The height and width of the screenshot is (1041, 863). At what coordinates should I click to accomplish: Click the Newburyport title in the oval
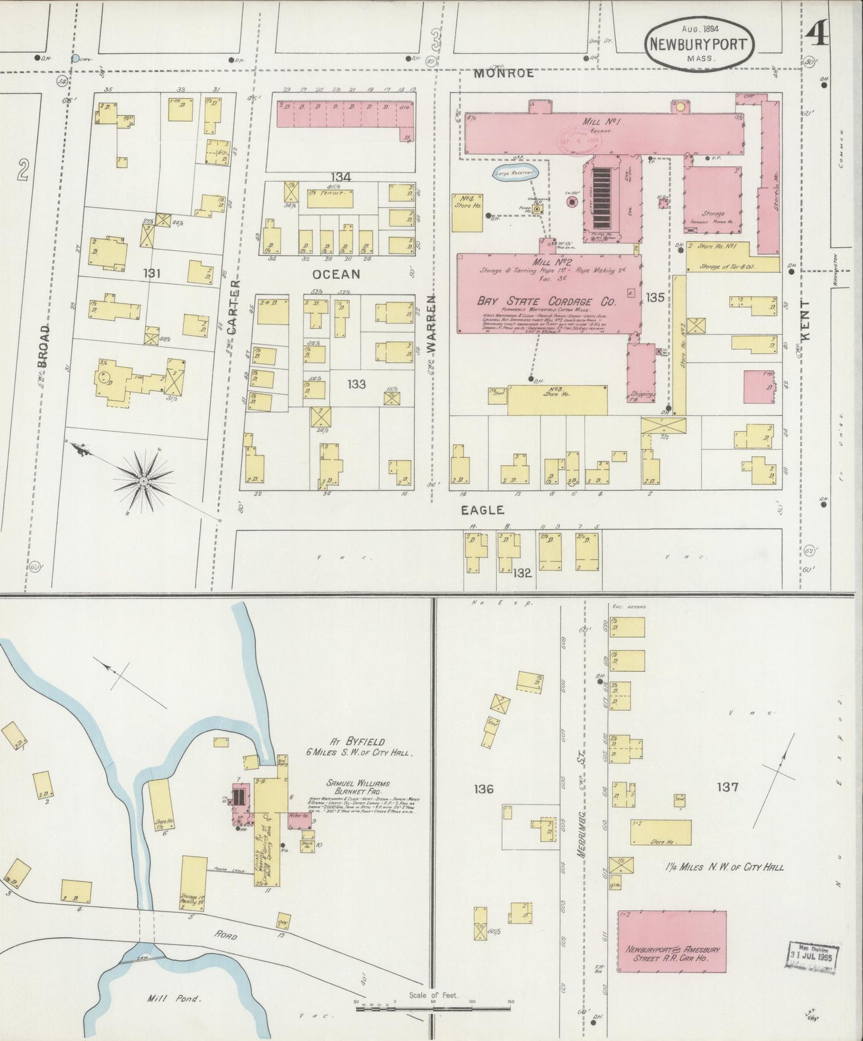(699, 44)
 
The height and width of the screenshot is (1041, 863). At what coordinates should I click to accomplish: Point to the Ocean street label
(336, 274)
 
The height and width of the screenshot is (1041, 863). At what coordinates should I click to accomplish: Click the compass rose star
(143, 480)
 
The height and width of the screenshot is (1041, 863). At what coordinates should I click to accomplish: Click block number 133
(357, 384)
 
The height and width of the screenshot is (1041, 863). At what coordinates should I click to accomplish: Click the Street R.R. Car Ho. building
(672, 953)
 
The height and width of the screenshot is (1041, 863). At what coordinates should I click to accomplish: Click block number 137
(727, 787)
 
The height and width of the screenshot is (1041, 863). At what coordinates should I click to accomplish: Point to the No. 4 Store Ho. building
(468, 211)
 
